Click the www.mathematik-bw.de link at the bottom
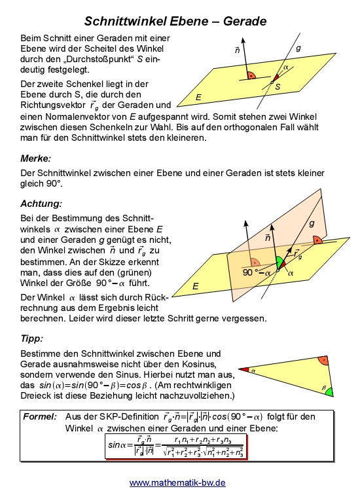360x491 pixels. pos(177,482)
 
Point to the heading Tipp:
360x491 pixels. pos(32,338)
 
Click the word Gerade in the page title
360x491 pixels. pos(242,22)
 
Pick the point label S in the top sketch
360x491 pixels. pos(278,86)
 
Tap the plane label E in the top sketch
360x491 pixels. pos(198,96)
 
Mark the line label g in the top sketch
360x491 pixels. pos(298,48)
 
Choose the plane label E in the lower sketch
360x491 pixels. pos(194,287)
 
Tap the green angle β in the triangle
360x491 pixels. pos(329,391)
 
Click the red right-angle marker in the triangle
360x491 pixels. pos(322,361)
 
